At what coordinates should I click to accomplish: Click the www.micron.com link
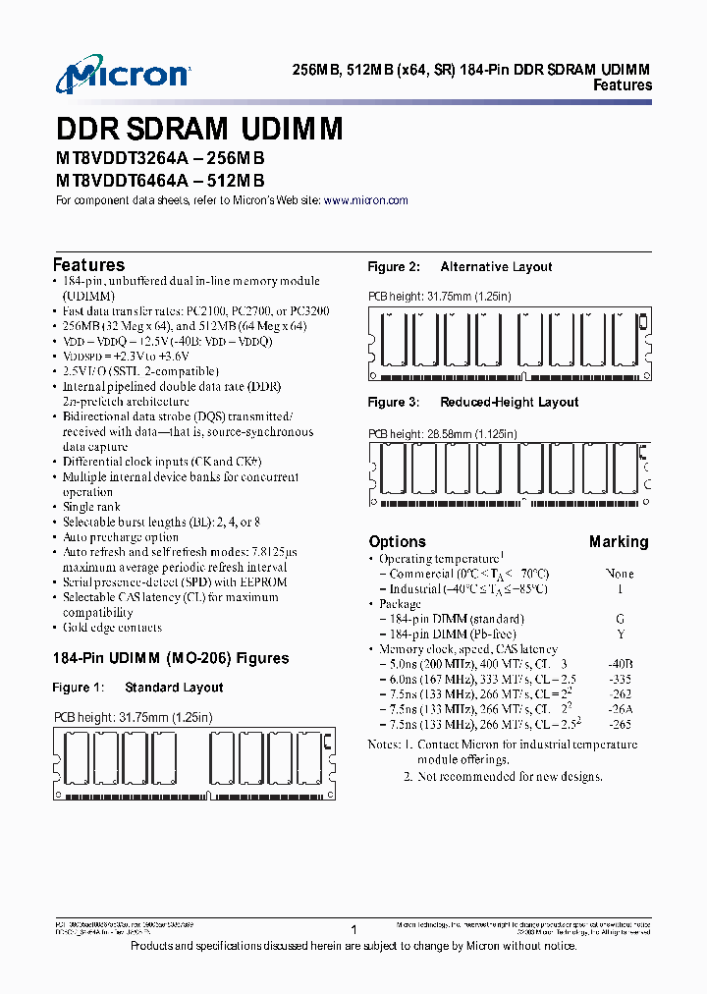[365, 200]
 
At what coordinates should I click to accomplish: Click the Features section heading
[88, 265]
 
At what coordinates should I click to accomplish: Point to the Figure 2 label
[394, 267]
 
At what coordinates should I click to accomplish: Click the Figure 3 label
[394, 403]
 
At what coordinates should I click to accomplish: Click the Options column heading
[397, 542]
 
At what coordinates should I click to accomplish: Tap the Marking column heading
[619, 542]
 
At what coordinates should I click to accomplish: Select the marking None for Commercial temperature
[619, 574]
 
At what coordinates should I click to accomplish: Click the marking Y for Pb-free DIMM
[619, 635]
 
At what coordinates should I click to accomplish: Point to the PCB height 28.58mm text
[442, 433]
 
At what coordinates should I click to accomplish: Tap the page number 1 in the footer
[353, 929]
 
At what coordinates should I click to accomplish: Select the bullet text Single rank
[91, 507]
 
